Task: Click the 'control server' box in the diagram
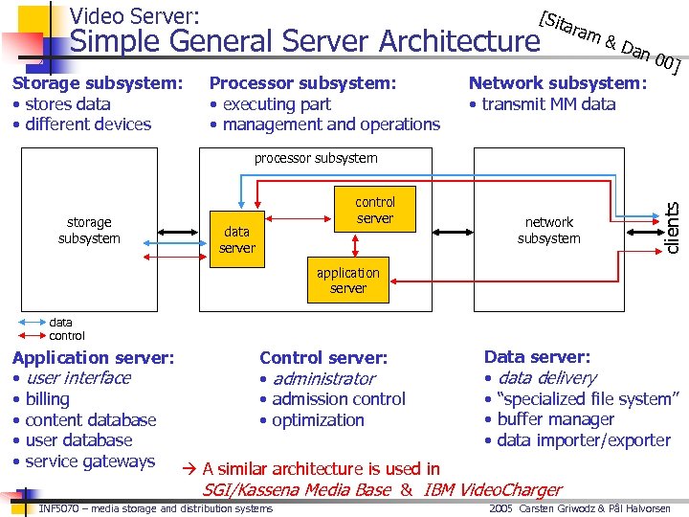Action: tap(374, 210)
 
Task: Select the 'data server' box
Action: tap(236, 239)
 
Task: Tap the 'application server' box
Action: tap(347, 280)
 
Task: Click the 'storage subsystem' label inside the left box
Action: tap(89, 230)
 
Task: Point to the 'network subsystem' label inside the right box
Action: tap(548, 230)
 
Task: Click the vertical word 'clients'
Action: tap(673, 228)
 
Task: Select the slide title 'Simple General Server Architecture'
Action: tap(305, 41)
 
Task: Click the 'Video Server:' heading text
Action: tap(135, 15)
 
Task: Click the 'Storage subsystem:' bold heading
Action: tap(98, 83)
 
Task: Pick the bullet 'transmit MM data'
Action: tap(547, 104)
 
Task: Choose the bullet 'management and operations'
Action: tap(330, 124)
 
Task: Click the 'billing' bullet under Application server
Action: tap(47, 399)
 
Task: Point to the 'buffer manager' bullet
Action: tap(555, 419)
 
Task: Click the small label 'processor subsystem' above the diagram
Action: tap(316, 158)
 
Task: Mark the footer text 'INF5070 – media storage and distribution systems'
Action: tap(155, 508)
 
